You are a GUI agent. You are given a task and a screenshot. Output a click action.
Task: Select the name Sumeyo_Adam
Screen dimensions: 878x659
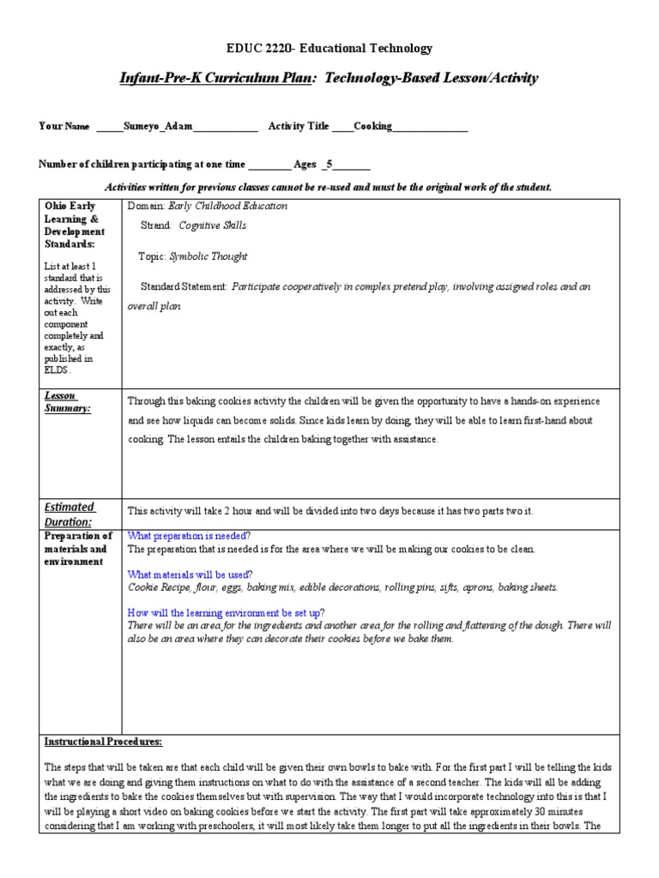pyautogui.click(x=158, y=127)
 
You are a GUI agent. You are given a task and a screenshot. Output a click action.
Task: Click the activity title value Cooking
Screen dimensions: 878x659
pyautogui.click(x=373, y=127)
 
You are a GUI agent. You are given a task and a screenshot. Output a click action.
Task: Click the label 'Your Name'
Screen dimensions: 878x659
pyautogui.click(x=64, y=127)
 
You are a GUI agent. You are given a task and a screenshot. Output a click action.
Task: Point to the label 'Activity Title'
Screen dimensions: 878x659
pyautogui.click(x=299, y=127)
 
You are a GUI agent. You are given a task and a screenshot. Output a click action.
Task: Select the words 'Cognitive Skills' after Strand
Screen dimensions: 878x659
pyautogui.click(x=212, y=226)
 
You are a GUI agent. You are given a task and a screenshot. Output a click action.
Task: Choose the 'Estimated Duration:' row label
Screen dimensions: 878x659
pyautogui.click(x=70, y=514)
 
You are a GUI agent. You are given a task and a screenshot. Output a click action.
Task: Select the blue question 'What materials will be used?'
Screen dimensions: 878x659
pyautogui.click(x=190, y=574)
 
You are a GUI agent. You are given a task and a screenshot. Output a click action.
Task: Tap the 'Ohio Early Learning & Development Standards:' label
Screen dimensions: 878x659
pyautogui.click(x=75, y=225)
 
